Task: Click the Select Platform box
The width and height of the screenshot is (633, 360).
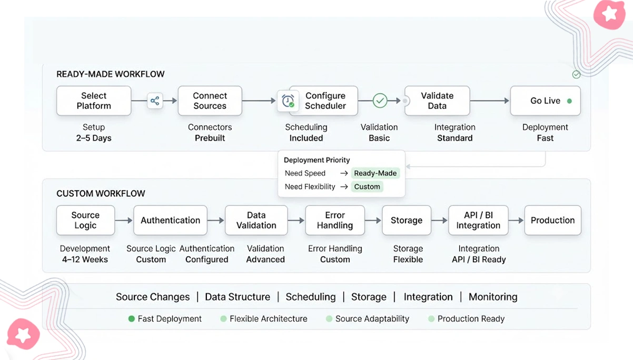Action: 94,101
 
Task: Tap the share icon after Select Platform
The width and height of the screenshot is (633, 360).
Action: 155,101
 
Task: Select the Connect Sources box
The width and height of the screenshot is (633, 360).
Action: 210,101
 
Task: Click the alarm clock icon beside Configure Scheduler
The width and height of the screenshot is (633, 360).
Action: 288,101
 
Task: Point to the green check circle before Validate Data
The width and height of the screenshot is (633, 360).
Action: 380,101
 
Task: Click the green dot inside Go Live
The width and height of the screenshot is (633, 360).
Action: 569,101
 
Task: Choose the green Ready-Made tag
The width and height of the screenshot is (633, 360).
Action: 375,173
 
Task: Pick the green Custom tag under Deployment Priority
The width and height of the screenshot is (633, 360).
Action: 367,187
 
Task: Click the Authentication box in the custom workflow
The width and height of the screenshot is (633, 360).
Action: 171,220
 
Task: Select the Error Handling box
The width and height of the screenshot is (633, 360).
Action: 335,220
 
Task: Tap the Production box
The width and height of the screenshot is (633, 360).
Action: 553,220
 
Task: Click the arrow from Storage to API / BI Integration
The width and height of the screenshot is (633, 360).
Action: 440,220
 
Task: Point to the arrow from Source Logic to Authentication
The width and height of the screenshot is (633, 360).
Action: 124,220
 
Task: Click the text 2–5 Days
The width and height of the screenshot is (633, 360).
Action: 94,138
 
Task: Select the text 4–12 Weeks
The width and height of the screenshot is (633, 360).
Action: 85,259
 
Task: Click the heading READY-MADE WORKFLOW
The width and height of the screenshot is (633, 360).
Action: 111,74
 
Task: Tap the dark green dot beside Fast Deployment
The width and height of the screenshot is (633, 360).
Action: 132,319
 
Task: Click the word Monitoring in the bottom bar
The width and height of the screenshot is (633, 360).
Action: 493,297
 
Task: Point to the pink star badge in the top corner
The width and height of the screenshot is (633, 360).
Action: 609,14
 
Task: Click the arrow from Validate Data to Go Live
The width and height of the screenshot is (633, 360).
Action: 490,101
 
